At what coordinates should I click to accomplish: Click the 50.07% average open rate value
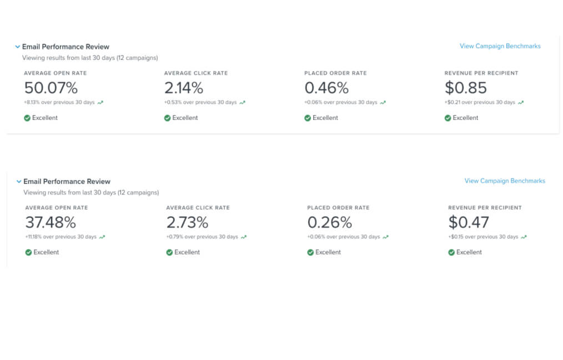pos(51,88)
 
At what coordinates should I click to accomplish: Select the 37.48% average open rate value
pos(51,223)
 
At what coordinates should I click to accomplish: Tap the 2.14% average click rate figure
pos(184,88)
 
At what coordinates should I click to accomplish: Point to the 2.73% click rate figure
pos(187,223)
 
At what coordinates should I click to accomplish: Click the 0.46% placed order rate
pos(326,88)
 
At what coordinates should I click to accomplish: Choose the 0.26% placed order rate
pos(330,223)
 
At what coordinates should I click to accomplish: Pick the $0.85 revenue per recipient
pos(465,88)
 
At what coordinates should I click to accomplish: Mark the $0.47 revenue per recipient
pos(469,223)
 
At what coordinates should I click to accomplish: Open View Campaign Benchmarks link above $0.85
pos(500,46)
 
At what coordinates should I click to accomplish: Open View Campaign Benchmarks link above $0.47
pos(505,181)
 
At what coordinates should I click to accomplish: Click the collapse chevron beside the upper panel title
pos(18,47)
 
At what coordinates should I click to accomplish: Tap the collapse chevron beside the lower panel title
pos(19,182)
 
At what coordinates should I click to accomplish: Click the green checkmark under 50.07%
pos(27,118)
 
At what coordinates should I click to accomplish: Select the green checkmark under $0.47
pos(451,252)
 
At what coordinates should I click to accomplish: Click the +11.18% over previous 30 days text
pos(61,237)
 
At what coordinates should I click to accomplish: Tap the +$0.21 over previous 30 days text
pos(479,102)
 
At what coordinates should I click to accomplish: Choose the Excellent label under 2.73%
pos(187,252)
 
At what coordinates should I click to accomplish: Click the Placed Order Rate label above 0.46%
pos(335,73)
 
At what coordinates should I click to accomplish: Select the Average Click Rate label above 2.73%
pos(198,208)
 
